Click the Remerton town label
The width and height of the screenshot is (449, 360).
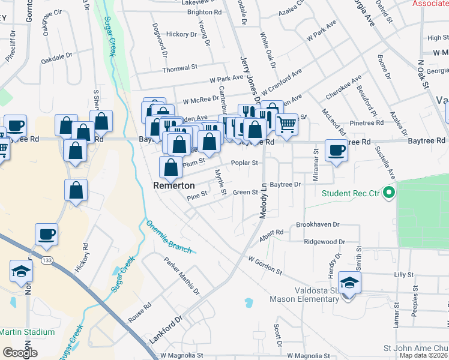coord(174,186)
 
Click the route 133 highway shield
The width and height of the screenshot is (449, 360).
coord(47,260)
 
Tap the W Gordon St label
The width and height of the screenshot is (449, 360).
coord(265,264)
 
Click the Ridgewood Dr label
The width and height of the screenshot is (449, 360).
coord(324,242)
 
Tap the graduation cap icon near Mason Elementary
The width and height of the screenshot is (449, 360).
coord(348,281)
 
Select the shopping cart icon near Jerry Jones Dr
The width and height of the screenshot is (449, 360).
coord(286,124)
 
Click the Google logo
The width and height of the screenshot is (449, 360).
coord(20,353)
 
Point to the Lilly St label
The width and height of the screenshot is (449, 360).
coord(400,274)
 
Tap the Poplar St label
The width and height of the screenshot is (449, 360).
coord(245,162)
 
